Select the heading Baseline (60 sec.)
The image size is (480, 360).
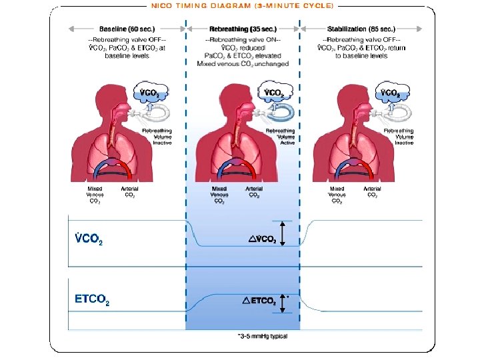(x=127, y=29)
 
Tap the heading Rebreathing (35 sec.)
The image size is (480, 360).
(x=243, y=29)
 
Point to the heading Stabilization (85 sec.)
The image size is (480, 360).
(x=361, y=29)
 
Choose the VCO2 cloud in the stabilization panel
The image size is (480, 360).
(x=391, y=92)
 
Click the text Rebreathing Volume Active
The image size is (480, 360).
(x=280, y=137)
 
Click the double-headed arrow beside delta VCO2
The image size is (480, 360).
(x=283, y=234)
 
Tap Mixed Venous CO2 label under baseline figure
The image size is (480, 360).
(x=95, y=195)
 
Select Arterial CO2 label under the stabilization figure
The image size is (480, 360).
(x=372, y=192)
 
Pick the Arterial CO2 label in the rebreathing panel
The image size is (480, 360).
(x=254, y=192)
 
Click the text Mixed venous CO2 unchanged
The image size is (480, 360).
(x=243, y=64)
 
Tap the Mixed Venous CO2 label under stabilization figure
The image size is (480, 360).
(x=337, y=195)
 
